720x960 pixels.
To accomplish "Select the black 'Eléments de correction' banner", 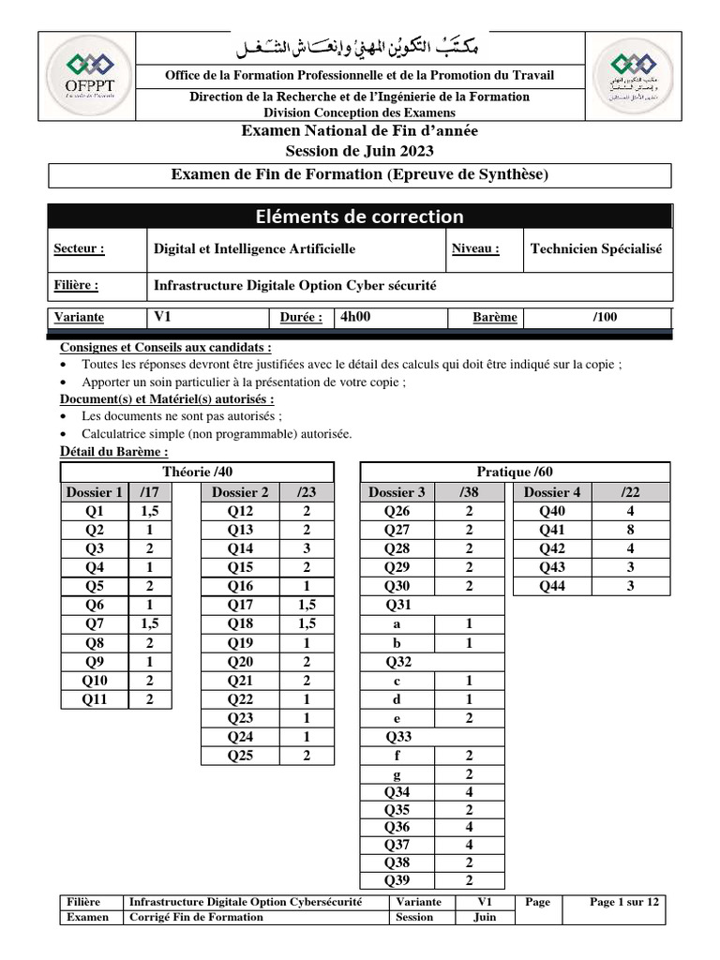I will coord(359,217).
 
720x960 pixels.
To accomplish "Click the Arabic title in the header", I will coord(360,47).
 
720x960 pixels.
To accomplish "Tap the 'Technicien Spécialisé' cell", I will coord(595,249).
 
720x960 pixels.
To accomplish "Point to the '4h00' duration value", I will coord(356,317).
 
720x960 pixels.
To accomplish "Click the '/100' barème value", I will coord(605,317).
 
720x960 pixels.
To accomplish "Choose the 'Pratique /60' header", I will coord(515,472).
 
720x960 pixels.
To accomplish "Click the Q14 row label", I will coord(241,548).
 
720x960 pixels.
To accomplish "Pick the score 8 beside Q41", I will coord(630,530).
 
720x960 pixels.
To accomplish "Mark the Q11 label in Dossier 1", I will coord(95,698).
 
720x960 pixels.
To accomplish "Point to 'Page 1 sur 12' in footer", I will coord(624,902).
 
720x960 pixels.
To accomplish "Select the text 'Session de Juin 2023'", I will coord(359,150).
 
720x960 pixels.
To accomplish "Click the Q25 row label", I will coord(241,756).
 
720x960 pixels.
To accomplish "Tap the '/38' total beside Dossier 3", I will coord(469,492).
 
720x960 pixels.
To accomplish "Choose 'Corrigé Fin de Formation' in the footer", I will coord(196,917).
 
